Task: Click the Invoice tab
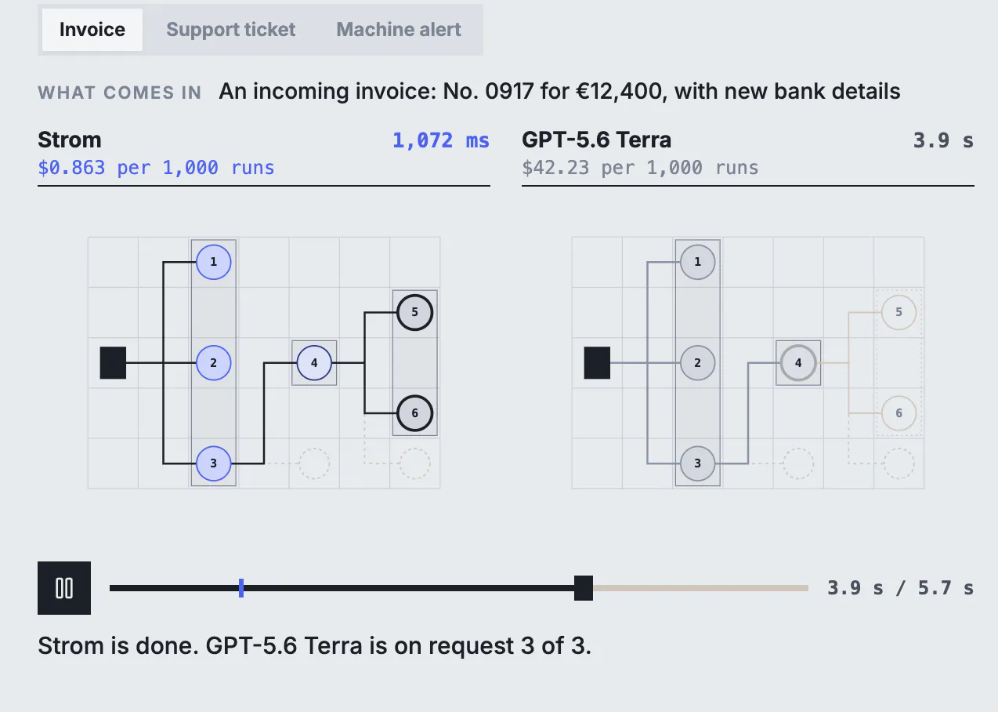pos(92,30)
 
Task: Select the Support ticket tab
pos(231,30)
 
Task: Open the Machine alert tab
pos(399,30)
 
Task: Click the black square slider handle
pos(583,588)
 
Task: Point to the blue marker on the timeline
pos(241,588)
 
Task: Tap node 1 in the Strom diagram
pos(213,262)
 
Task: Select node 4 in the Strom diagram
pos(314,363)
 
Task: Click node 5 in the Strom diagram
pos(415,312)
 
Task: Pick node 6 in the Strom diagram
pos(415,413)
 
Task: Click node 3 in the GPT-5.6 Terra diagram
pos(698,463)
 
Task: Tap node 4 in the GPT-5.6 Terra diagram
pos(798,363)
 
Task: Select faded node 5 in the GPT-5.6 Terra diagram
pos(899,312)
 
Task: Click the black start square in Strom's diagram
pos(113,363)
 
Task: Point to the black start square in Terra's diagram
pos(597,363)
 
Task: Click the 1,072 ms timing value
pos(440,140)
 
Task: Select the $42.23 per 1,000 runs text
pos(640,168)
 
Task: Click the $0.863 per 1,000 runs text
pos(156,168)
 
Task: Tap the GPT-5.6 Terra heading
pos(596,140)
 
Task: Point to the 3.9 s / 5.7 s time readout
pos(900,588)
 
